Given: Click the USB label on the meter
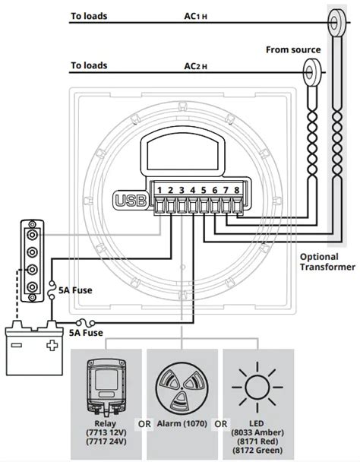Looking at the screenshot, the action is pyautogui.click(x=131, y=201).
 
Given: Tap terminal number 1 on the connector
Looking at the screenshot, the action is pyautogui.click(x=159, y=190).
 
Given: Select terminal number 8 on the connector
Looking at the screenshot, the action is pyautogui.click(x=236, y=190).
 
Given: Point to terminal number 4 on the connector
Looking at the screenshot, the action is pyautogui.click(x=193, y=190).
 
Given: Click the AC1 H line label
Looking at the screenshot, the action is pyautogui.click(x=196, y=17).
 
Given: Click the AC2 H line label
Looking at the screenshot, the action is pyautogui.click(x=196, y=67).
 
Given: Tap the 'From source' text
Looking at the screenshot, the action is pyautogui.click(x=293, y=50).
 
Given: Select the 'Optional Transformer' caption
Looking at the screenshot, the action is pyautogui.click(x=327, y=261).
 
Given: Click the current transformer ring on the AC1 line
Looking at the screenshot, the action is pyautogui.click(x=336, y=22).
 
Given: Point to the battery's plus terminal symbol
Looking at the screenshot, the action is pyautogui.click(x=52, y=345).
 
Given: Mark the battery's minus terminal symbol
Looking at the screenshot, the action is pyautogui.click(x=17, y=345).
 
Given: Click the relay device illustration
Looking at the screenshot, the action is pyautogui.click(x=106, y=386).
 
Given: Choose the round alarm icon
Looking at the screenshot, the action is pyautogui.click(x=182, y=388).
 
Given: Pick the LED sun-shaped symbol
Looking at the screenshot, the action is pyautogui.click(x=257, y=388).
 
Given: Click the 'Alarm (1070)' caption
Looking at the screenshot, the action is pyautogui.click(x=182, y=424).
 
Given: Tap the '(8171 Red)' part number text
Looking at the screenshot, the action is pyautogui.click(x=257, y=441).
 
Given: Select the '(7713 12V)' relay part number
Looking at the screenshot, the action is pyautogui.click(x=106, y=432).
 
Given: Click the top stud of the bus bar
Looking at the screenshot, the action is pyautogui.click(x=32, y=235).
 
